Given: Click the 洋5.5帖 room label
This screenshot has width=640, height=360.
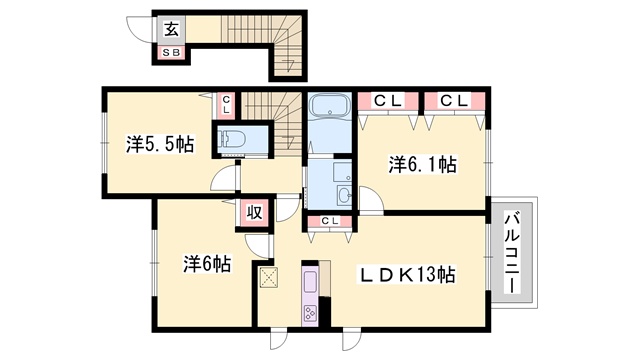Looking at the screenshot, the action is (160, 144).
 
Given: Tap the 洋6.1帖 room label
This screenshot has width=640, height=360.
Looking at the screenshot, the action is (422, 164).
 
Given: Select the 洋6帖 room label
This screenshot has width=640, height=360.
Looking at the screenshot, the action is (207, 264).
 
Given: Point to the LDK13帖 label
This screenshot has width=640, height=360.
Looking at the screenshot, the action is (407, 275).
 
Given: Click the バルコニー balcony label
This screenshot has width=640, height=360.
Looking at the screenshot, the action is (513, 252).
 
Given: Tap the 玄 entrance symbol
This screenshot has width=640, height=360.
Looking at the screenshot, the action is (172, 29).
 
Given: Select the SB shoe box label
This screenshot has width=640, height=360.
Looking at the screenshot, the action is (171, 53).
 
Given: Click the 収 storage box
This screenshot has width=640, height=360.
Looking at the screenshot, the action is (254, 212).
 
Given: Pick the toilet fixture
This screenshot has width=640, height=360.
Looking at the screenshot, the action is (232, 140).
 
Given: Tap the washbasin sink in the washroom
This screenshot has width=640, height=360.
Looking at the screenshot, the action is (344, 196).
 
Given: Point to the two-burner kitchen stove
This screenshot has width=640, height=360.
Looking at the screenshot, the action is (310, 313).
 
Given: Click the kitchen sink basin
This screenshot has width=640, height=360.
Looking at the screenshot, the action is (310, 282).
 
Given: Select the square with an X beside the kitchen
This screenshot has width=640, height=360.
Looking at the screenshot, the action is (269, 278).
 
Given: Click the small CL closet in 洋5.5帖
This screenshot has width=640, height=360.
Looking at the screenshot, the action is (226, 105).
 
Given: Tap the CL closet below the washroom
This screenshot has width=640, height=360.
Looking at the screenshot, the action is (330, 221).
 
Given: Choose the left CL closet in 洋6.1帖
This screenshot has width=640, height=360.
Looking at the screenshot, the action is (388, 101).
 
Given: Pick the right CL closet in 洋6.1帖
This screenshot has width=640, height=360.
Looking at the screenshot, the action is (454, 101).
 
